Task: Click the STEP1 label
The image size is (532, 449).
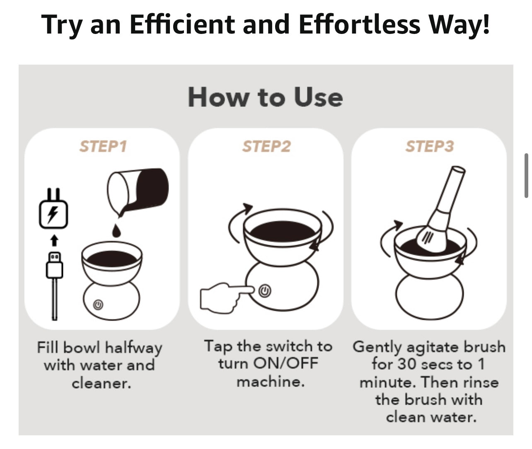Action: click(103, 146)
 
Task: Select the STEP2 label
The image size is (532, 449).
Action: click(266, 146)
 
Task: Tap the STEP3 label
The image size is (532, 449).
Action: click(430, 146)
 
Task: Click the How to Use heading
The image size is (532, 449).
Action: click(265, 97)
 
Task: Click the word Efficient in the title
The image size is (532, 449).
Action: click(182, 24)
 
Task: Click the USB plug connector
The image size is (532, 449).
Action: click(54, 265)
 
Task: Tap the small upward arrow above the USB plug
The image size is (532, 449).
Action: click(54, 240)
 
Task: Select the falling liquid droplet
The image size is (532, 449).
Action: click(116, 231)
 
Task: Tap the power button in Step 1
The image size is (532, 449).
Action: click(98, 305)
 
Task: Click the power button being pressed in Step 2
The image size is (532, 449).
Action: click(265, 291)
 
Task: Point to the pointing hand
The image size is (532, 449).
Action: click(226, 297)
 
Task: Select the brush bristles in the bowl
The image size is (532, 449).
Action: click(431, 239)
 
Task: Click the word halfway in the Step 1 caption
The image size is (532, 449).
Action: click(134, 348)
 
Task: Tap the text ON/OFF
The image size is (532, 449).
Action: click(286, 363)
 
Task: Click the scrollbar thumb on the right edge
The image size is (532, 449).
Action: click(526, 176)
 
